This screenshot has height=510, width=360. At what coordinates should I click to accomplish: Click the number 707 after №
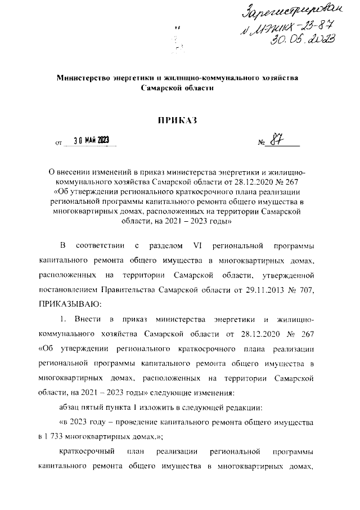312,290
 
